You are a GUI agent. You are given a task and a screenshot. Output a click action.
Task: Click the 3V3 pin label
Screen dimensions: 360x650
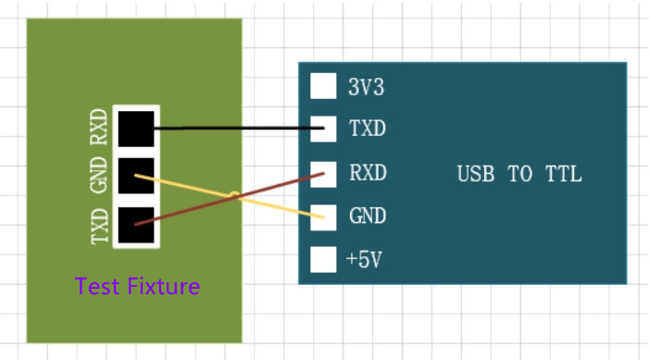(x=366, y=88)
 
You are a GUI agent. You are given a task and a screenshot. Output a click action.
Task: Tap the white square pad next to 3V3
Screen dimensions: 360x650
(x=323, y=86)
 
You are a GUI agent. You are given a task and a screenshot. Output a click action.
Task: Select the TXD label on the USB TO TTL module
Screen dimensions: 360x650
(x=367, y=129)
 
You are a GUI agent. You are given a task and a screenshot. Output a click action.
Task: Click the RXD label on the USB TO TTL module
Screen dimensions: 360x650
(x=368, y=173)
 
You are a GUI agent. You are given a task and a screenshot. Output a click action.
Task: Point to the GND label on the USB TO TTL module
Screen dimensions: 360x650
(x=368, y=217)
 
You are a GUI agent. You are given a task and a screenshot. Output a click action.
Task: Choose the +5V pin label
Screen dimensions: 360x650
(x=364, y=260)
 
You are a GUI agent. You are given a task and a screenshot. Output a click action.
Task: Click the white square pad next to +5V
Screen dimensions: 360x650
(x=323, y=260)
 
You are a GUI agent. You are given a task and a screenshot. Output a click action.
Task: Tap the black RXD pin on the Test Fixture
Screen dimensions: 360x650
(x=136, y=128)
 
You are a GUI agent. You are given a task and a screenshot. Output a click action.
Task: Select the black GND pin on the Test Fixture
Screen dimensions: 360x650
(x=136, y=176)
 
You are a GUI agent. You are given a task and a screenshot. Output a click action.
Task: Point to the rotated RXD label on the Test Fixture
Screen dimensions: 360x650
(x=99, y=129)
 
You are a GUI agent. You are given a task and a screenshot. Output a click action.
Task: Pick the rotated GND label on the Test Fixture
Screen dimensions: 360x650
(x=99, y=177)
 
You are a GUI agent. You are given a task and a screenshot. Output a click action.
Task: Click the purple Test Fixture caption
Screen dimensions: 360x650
(x=137, y=287)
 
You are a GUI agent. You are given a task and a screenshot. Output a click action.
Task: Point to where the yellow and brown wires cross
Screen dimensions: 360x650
(x=235, y=195)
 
